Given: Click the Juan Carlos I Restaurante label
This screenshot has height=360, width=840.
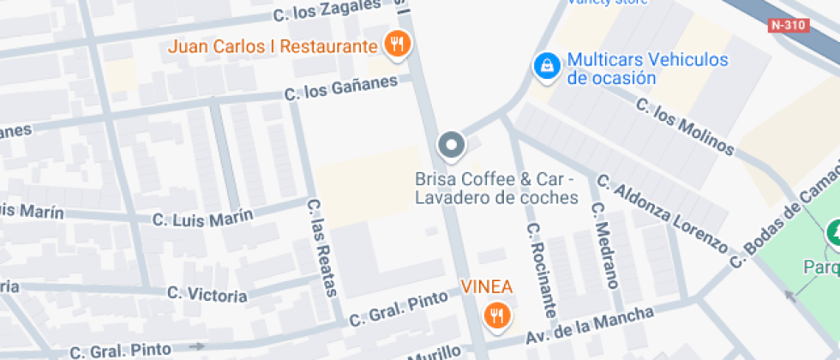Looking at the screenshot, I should tap(273, 46).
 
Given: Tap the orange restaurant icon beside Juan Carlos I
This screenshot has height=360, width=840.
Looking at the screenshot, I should tap(396, 44).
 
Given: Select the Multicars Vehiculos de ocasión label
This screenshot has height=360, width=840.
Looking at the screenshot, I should tap(647, 69).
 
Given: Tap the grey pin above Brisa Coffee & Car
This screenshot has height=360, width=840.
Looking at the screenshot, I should tap(451, 146).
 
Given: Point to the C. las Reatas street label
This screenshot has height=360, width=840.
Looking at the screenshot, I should tap(321, 248).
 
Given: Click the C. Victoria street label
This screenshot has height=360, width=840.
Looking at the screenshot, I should tap(207, 294).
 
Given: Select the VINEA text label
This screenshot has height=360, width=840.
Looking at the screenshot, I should tap(487, 287).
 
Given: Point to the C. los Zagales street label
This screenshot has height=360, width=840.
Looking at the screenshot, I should tap(326, 10).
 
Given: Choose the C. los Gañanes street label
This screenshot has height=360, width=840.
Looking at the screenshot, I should tap(342, 88).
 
